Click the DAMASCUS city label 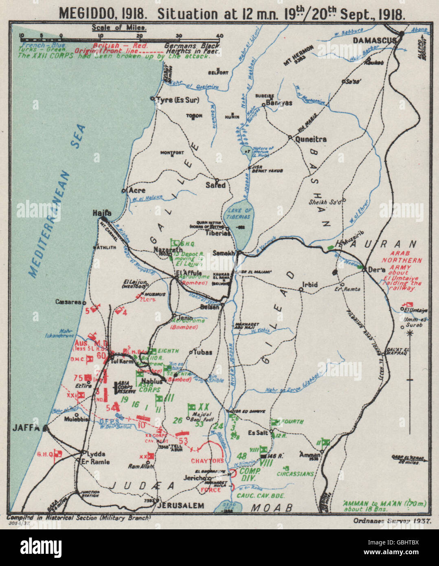point(374,40)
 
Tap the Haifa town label point(102,213)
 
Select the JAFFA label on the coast point(26,428)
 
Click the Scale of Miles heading point(119,28)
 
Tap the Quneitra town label point(311,139)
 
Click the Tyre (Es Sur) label point(180,99)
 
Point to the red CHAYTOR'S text point(208,461)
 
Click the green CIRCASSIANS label point(295,474)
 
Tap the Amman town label point(309,454)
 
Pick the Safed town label point(216,185)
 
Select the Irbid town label point(309,284)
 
